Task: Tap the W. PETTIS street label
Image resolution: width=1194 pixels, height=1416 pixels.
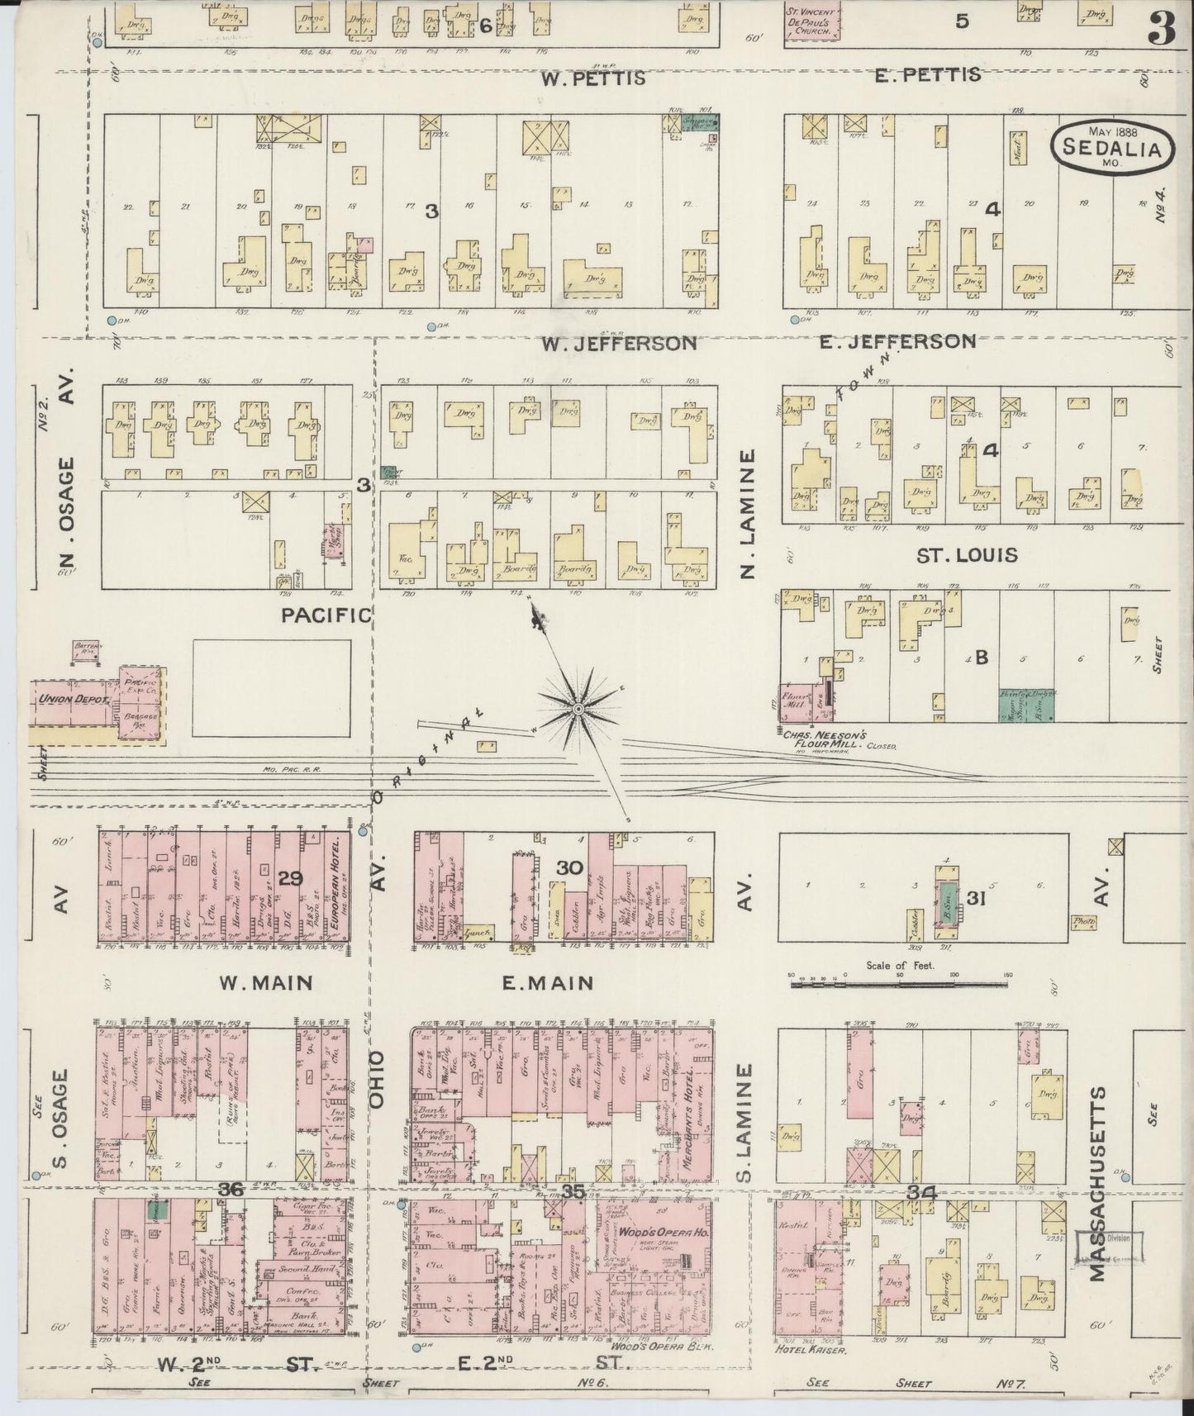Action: (592, 79)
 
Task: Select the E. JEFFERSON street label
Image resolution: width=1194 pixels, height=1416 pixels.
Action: (897, 341)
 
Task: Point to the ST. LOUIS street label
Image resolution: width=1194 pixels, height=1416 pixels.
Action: (968, 554)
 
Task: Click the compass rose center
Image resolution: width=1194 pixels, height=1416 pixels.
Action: (579, 709)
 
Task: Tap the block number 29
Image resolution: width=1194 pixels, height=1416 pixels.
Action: (290, 879)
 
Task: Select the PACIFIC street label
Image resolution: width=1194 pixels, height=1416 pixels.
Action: (326, 614)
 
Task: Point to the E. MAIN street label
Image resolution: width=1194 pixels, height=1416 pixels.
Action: (548, 983)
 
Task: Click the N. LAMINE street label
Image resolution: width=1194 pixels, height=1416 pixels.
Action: (749, 514)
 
